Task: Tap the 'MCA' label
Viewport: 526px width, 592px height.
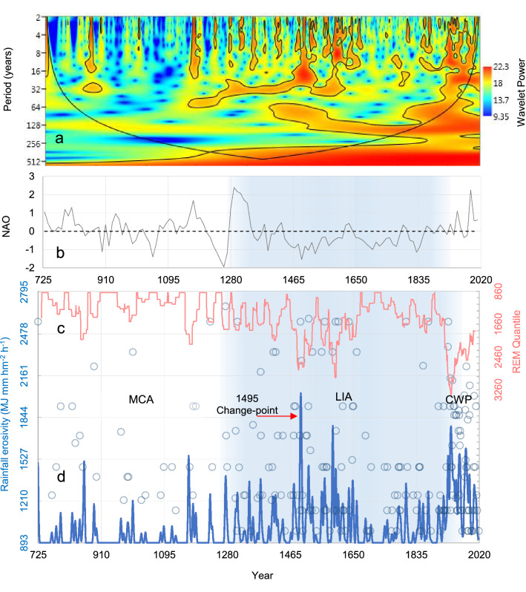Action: pos(141,400)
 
